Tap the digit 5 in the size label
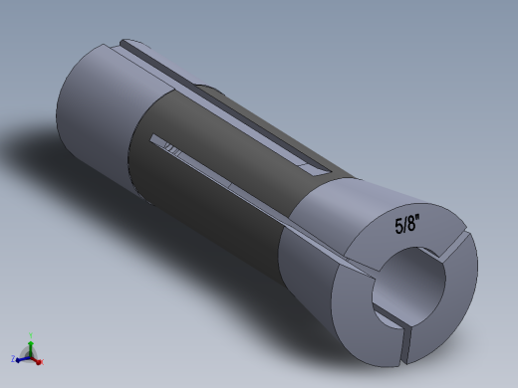pos(396,227)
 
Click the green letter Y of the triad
pos(31,335)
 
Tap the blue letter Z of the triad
pos(13,357)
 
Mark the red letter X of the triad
pos(42,361)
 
